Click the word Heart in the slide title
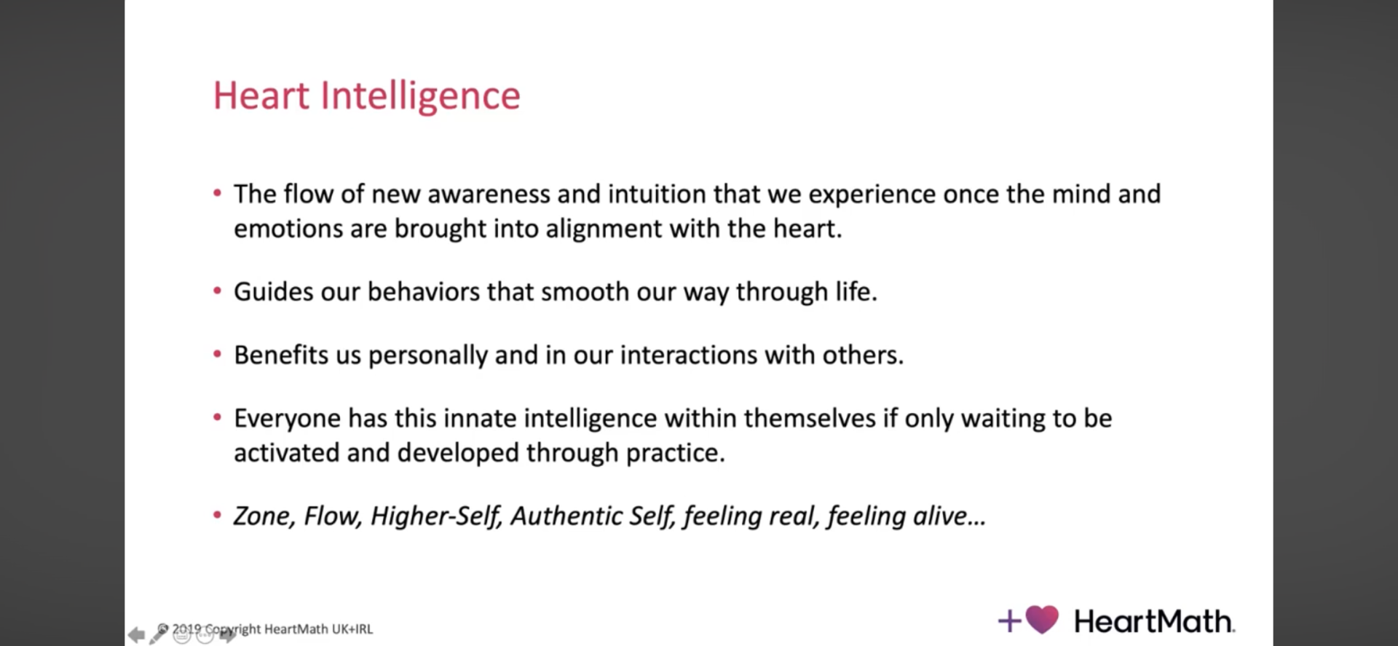tap(261, 95)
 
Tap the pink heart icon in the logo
tap(1042, 620)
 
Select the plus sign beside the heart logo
tap(1009, 621)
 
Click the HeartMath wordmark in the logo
tap(1155, 621)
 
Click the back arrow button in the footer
tap(136, 635)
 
